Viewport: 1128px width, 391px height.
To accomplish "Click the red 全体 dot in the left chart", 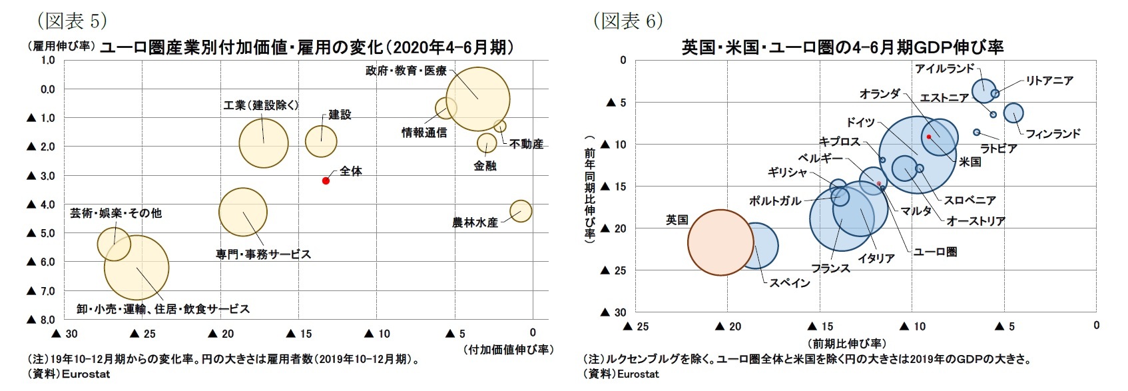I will pos(326,181).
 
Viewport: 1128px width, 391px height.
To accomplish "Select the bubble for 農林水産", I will pos(521,211).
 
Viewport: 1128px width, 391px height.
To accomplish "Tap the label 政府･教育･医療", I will pos(406,71).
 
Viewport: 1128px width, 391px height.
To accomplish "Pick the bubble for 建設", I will pos(321,141).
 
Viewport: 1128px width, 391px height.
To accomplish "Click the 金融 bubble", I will pos(487,143).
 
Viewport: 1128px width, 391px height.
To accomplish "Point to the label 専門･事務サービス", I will pos(263,254).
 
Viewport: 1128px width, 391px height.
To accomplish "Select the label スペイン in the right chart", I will pos(790,283).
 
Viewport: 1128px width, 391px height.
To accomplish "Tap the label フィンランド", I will pos(1053,134).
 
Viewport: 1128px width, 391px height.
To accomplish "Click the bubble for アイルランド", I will pos(984,89).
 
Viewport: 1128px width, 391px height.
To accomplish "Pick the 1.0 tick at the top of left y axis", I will pos(48,60).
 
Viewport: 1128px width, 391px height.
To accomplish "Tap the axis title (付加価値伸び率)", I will pos(508,349).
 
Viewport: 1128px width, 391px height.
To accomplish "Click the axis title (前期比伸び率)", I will pos(846,343).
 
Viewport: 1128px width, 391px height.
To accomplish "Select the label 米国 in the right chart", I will pos(970,161).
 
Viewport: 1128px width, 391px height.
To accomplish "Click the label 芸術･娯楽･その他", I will pos(116,213).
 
